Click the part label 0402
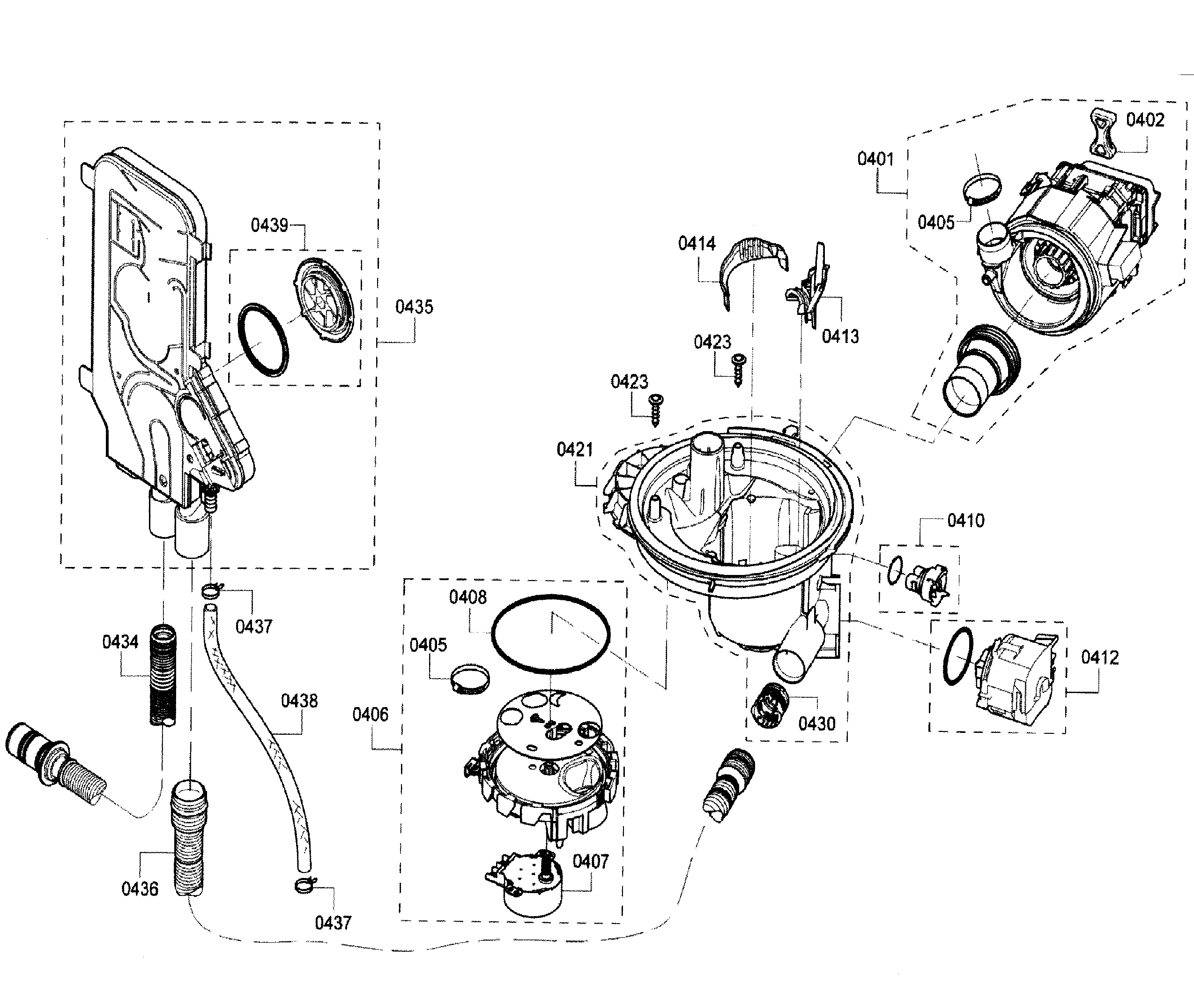[1145, 120]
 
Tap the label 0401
[875, 159]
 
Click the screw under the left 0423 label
[656, 410]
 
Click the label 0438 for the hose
[299, 701]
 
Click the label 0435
[415, 306]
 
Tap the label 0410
[966, 521]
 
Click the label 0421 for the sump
[575, 450]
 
